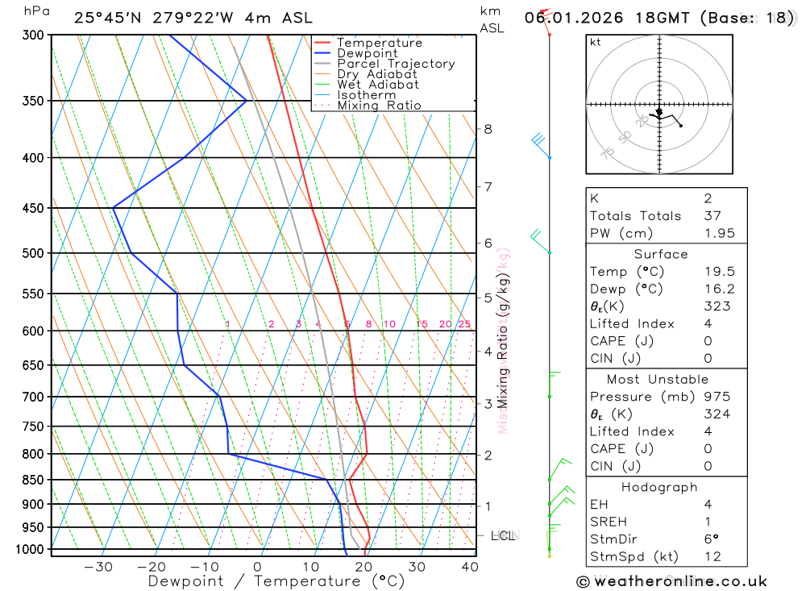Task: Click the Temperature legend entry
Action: pyautogui.click(x=379, y=43)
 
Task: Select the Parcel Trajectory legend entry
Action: pyautogui.click(x=395, y=64)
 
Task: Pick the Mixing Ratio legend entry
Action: pyautogui.click(x=379, y=106)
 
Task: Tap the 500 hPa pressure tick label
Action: pyautogui.click(x=33, y=253)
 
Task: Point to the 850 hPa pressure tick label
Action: pyautogui.click(x=33, y=480)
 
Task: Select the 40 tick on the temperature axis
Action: pyautogui.click(x=470, y=567)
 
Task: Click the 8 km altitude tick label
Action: pyautogui.click(x=488, y=129)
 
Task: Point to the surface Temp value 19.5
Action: pyautogui.click(x=718, y=272)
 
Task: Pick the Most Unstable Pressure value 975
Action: pyautogui.click(x=716, y=397)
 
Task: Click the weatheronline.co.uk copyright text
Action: pyautogui.click(x=672, y=581)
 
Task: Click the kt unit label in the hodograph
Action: pyautogui.click(x=596, y=42)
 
